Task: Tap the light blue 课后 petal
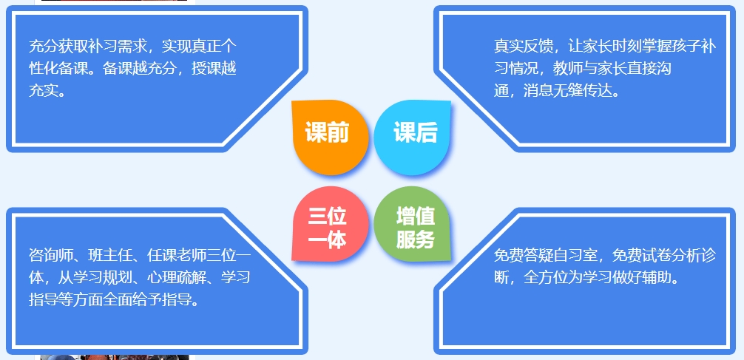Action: [x=413, y=137]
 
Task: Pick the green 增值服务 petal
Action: [x=413, y=224]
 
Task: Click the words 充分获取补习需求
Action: [x=88, y=47]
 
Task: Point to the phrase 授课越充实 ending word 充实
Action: [x=43, y=91]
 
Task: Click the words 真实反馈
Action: [x=524, y=47]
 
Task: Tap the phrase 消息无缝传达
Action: [x=568, y=91]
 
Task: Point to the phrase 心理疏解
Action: [x=177, y=277]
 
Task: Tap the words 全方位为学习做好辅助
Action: [x=598, y=277]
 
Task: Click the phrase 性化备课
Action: [x=58, y=69]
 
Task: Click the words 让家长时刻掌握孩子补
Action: [x=642, y=47]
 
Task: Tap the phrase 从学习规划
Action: [x=95, y=277]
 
